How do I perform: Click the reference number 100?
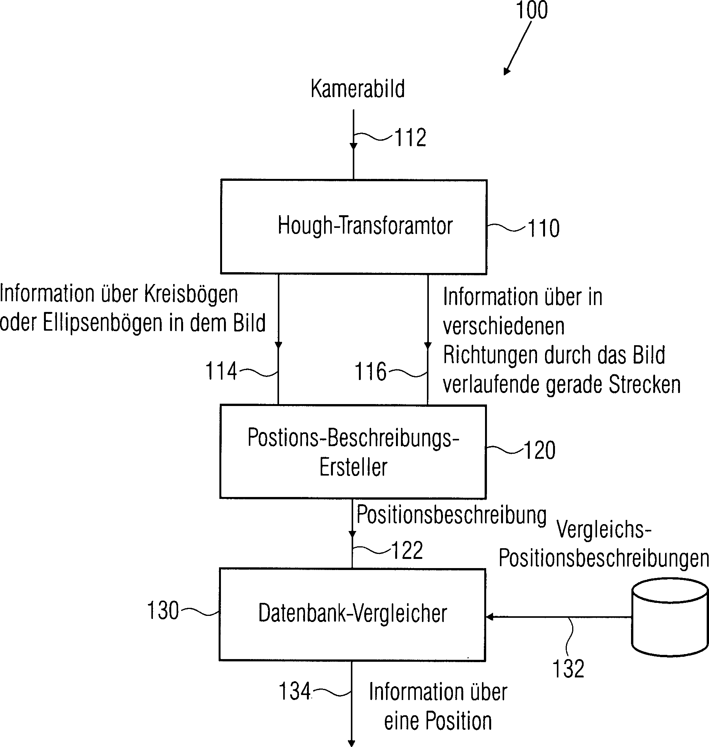pyautogui.click(x=532, y=10)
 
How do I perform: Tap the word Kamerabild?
pyautogui.click(x=357, y=89)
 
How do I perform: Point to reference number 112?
pyautogui.click(x=410, y=138)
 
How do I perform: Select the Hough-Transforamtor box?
pyautogui.click(x=354, y=227)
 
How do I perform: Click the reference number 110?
pyautogui.click(x=543, y=229)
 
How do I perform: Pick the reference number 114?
pyautogui.click(x=221, y=371)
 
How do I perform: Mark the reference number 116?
pyautogui.click(x=371, y=371)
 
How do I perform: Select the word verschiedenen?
pyautogui.click(x=503, y=326)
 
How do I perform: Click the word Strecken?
pyautogui.click(x=645, y=385)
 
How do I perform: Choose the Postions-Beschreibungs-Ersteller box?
pyautogui.click(x=353, y=451)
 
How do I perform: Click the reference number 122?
pyautogui.click(x=407, y=551)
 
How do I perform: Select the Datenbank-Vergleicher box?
pyautogui.click(x=352, y=614)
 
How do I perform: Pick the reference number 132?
pyautogui.click(x=568, y=669)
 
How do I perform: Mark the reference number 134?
pyautogui.click(x=295, y=692)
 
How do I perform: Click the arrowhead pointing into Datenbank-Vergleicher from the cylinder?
pyautogui.click(x=489, y=617)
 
